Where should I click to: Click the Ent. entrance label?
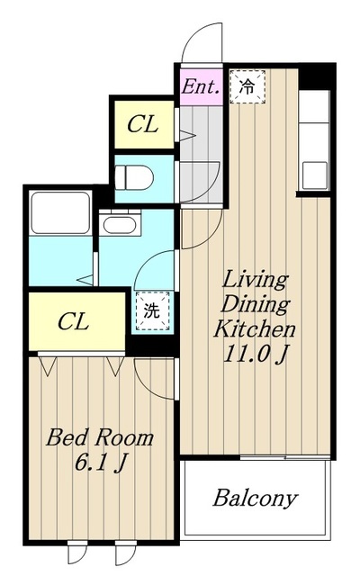point(202,86)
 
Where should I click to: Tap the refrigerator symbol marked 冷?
point(247,87)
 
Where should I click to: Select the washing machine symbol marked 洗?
point(153,310)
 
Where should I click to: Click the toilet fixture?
point(133,177)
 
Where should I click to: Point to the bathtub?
point(60,212)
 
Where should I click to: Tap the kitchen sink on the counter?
point(314,175)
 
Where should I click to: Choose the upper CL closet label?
point(143,124)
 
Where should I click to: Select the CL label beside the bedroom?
point(74,321)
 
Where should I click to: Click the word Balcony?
point(255,499)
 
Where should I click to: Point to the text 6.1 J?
point(102,463)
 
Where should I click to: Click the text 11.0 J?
point(255,354)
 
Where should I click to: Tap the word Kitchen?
point(255,328)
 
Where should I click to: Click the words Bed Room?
point(100,437)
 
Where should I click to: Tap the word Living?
point(255,281)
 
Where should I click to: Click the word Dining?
point(255,304)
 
